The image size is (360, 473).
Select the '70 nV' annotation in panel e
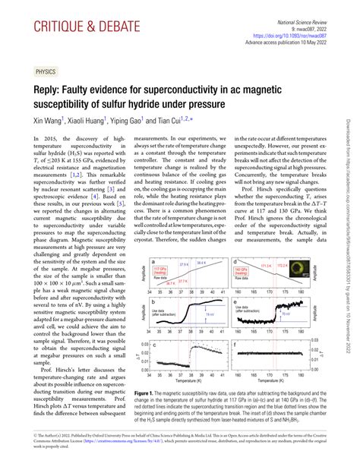coord(286,313)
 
